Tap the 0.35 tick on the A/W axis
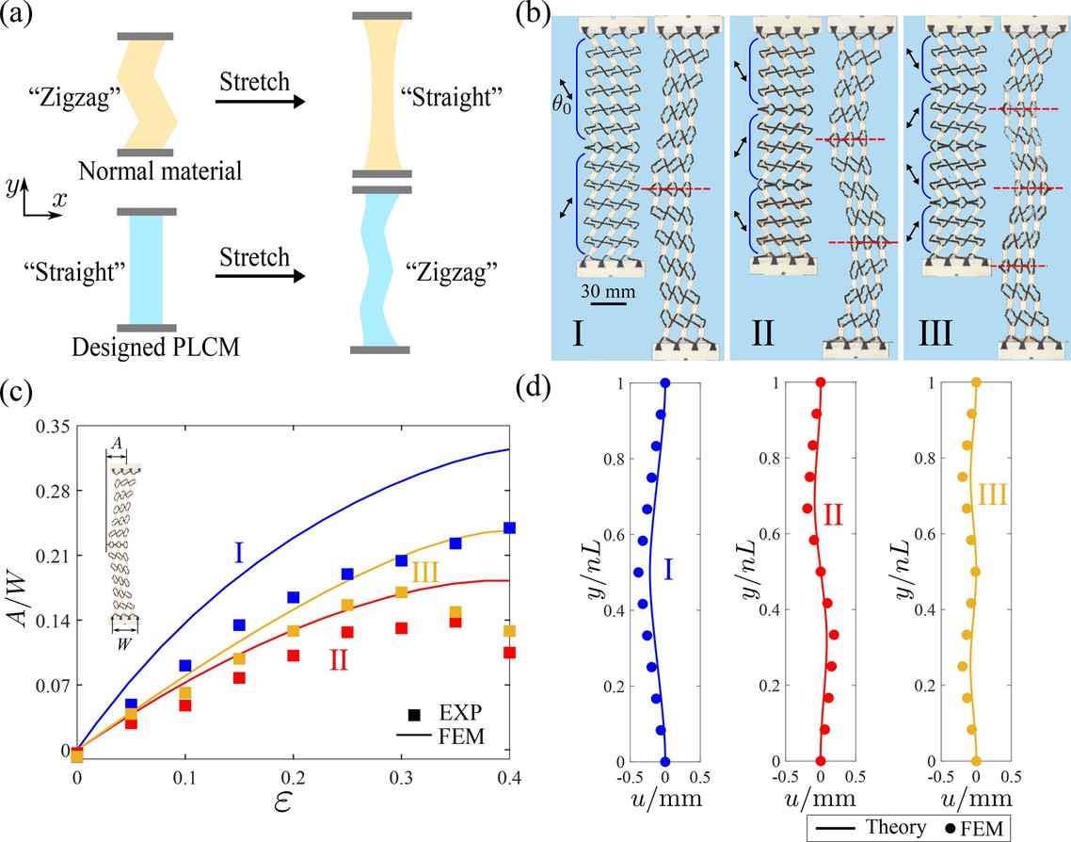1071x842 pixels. point(53,428)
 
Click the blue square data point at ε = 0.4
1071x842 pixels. point(509,528)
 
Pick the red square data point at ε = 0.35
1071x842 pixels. point(456,622)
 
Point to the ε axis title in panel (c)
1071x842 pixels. point(293,803)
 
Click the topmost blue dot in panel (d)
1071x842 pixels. point(665,382)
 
